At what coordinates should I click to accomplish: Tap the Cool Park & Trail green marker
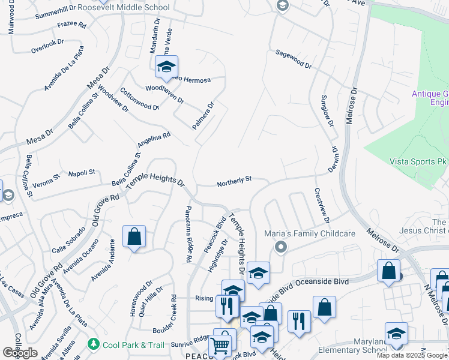click(93, 344)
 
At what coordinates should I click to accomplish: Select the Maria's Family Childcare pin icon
click(280, 246)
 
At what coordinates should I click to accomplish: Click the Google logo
click(20, 353)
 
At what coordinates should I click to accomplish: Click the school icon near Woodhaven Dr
click(166, 67)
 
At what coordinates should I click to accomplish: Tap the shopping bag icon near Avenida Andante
click(134, 236)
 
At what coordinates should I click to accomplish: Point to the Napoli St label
click(82, 173)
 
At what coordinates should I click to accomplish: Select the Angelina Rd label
click(154, 140)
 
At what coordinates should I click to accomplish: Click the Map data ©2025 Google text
click(411, 355)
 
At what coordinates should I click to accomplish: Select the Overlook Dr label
click(47, 42)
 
